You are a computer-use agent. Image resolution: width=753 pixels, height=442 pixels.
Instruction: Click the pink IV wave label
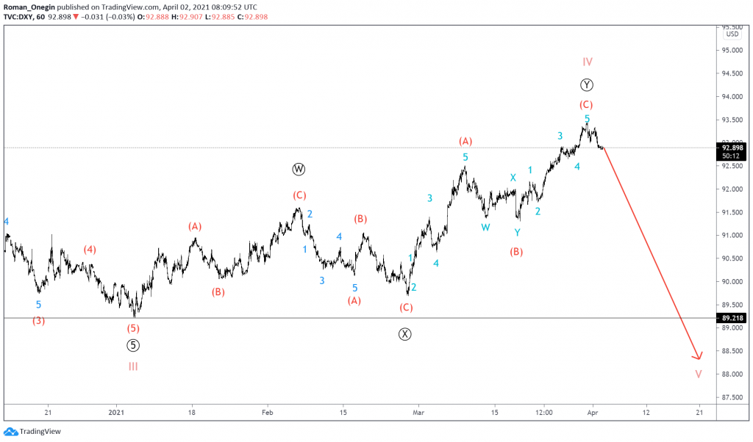pyautogui.click(x=588, y=62)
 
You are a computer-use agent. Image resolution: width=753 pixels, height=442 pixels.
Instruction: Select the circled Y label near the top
pyautogui.click(x=587, y=84)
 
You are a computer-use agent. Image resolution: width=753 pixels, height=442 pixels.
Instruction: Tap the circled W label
pyautogui.click(x=298, y=170)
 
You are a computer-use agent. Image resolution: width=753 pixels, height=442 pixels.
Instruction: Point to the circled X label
pyautogui.click(x=405, y=334)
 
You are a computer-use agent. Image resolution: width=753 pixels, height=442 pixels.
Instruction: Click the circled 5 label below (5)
pyautogui.click(x=132, y=345)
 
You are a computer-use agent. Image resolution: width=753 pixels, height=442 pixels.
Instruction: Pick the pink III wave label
pyautogui.click(x=133, y=366)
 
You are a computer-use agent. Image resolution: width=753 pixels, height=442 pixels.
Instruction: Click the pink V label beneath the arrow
pyautogui.click(x=698, y=374)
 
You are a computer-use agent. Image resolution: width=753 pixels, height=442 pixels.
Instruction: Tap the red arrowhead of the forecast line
pyautogui.click(x=697, y=356)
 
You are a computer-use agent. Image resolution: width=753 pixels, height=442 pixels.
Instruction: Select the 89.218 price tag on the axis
pyautogui.click(x=732, y=318)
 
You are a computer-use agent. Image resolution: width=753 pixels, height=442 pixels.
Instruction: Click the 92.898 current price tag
pyautogui.click(x=732, y=148)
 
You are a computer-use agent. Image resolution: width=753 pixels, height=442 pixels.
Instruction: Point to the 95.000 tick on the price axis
pyautogui.click(x=732, y=51)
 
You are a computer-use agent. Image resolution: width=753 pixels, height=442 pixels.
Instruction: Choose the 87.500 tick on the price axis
pyautogui.click(x=732, y=398)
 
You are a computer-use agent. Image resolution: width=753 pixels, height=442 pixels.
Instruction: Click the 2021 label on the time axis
pyautogui.click(x=115, y=413)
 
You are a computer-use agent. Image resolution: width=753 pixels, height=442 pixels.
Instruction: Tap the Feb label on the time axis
pyautogui.click(x=267, y=413)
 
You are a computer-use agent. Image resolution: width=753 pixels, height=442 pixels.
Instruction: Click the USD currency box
pyautogui.click(x=732, y=35)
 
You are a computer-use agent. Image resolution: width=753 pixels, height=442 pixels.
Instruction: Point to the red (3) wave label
pyautogui.click(x=38, y=320)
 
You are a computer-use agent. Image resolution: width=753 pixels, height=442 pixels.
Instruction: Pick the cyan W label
pyautogui.click(x=485, y=228)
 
